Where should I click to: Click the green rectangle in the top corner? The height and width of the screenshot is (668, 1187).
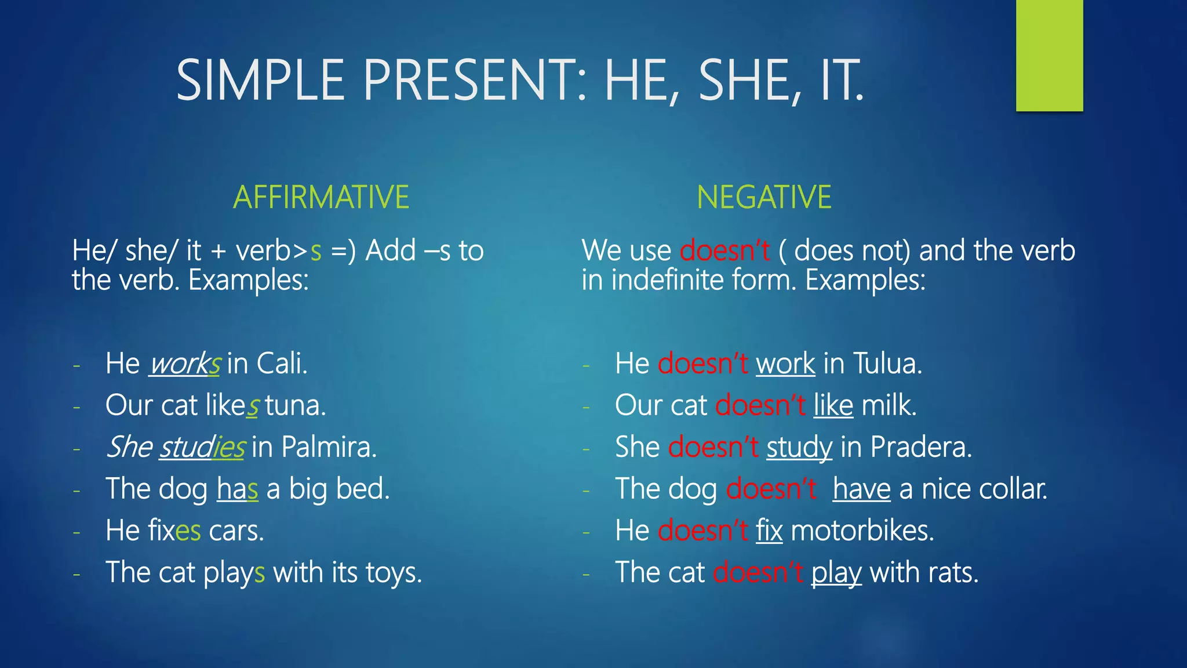click(x=1049, y=55)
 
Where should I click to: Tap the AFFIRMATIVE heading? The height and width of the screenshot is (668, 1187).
click(x=321, y=197)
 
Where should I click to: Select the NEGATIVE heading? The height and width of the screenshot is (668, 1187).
click(x=764, y=197)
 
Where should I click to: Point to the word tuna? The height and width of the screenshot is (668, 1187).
click(x=295, y=405)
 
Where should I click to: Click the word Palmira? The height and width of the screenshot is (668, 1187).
click(x=329, y=447)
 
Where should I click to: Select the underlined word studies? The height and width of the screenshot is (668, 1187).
click(x=202, y=448)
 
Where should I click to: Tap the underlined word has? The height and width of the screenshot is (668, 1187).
click(x=237, y=489)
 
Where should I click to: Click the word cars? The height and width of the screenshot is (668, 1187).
click(x=236, y=531)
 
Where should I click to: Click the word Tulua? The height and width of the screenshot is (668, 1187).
click(x=887, y=364)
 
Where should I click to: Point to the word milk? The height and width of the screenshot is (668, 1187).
click(x=889, y=405)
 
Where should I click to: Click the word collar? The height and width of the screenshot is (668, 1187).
click(x=1013, y=489)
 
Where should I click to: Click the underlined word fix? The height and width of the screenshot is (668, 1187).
click(x=769, y=531)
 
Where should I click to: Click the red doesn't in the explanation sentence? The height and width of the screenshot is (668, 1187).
click(x=724, y=251)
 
